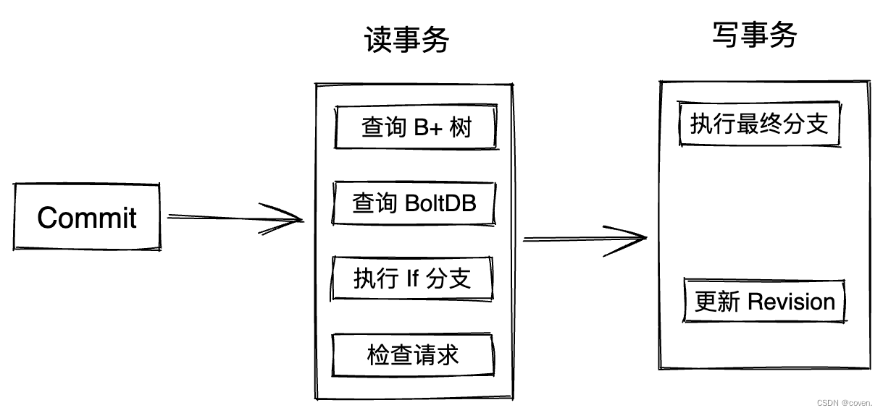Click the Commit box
pyautogui.click(x=87, y=217)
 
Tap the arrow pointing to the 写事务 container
pyautogui.click(x=584, y=239)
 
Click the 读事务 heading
pyautogui.click(x=406, y=41)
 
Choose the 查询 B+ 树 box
pyautogui.click(x=416, y=128)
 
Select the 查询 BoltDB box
pyautogui.click(x=414, y=203)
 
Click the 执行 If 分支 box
pyautogui.click(x=412, y=278)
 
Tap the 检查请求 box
pyautogui.click(x=412, y=355)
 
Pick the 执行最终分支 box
pyautogui.click(x=759, y=124)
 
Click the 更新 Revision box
pyautogui.click(x=765, y=302)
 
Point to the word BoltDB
pyautogui.click(x=440, y=203)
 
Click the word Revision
pyautogui.click(x=791, y=302)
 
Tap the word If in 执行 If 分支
pyautogui.click(x=412, y=278)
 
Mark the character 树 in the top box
pyautogui.click(x=461, y=128)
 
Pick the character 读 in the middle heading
pyautogui.click(x=378, y=41)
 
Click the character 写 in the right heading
pyautogui.click(x=726, y=34)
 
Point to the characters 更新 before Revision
pyautogui.click(x=717, y=302)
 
